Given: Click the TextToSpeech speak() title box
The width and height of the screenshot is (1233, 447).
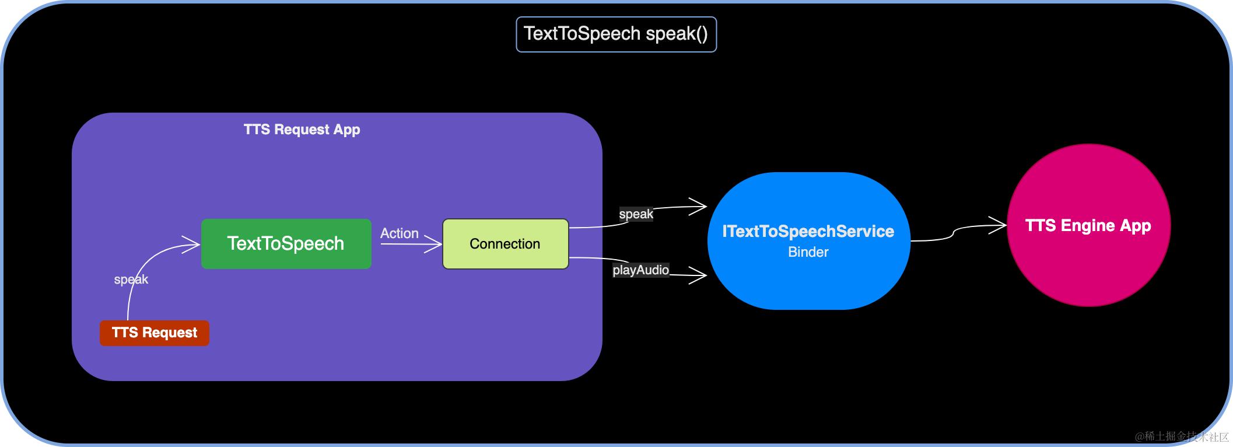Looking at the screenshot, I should (616, 34).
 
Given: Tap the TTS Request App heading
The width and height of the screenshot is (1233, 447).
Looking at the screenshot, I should (302, 130).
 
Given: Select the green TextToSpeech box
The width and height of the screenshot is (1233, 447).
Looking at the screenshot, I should (286, 243).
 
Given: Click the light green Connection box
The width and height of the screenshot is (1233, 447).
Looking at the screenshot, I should (505, 244).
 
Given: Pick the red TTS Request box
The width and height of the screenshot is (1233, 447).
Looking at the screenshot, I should (154, 333).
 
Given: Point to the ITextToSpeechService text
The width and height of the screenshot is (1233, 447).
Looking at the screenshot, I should (808, 232).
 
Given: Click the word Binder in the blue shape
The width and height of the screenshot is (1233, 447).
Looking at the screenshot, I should (808, 252).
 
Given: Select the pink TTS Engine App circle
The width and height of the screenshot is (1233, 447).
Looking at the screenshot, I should (1088, 225).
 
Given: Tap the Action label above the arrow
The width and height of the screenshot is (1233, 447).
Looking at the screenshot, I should (400, 233).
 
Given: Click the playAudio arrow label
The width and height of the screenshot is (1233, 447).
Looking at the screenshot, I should (640, 270).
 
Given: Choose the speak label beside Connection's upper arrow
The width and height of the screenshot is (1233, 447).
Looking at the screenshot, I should (636, 214).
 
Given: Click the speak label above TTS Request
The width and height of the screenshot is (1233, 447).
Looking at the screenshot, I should (131, 280).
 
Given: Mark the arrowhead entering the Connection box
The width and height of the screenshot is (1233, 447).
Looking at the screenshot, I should (435, 244).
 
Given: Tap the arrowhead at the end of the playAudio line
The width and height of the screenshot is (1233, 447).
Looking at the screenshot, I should (700, 275).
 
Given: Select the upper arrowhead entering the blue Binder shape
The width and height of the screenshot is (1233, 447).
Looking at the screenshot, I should (700, 206).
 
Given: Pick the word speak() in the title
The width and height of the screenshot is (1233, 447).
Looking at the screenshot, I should (677, 34).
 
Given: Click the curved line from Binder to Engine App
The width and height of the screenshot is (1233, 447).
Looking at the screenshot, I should (953, 233).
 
